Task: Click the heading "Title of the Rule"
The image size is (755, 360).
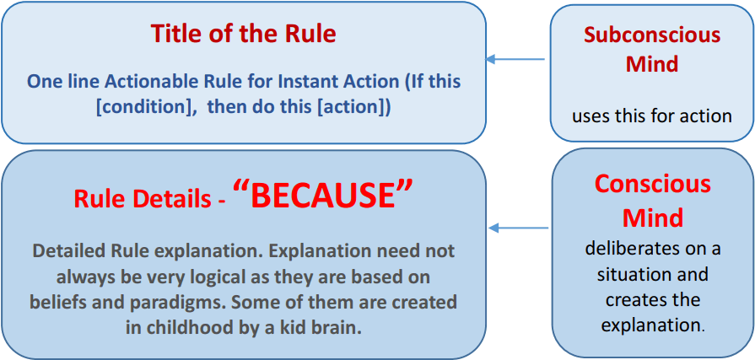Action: [x=243, y=33]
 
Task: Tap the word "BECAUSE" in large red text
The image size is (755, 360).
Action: [x=324, y=196]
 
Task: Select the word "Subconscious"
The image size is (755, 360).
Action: [x=652, y=35]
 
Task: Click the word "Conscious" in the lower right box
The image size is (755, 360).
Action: [x=652, y=185]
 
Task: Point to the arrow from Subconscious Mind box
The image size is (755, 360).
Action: [x=515, y=59]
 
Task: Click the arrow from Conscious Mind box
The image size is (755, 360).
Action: [x=518, y=228]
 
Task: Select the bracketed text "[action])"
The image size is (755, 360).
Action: [x=354, y=107]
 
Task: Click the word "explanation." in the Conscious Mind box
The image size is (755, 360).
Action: [x=653, y=325]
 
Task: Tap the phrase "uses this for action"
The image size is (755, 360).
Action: [x=652, y=116]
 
